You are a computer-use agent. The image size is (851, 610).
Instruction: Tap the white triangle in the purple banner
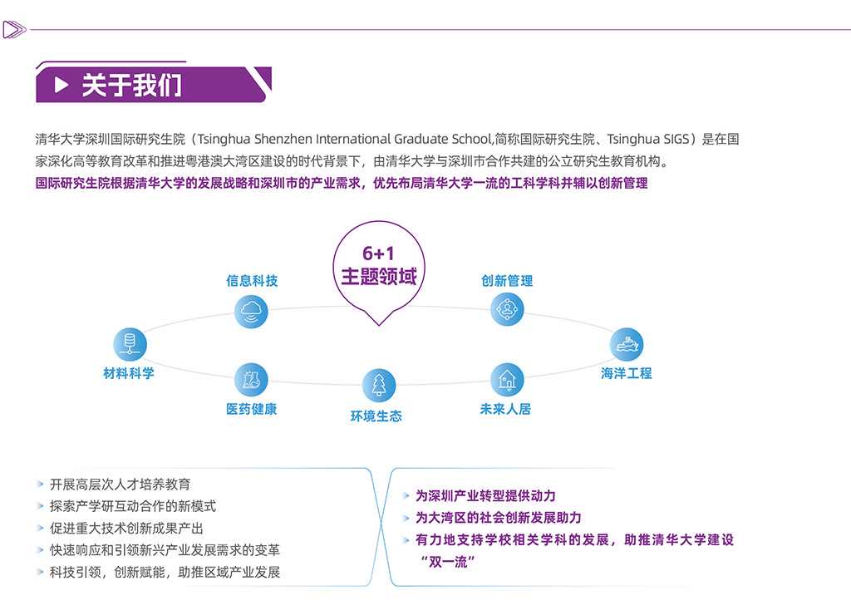(x=61, y=85)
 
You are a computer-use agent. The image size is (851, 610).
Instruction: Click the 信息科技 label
(x=252, y=281)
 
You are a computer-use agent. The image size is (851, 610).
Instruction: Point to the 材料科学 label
(x=129, y=373)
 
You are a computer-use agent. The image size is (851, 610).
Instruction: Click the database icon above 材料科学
(x=130, y=344)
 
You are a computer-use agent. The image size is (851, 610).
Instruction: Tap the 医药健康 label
(x=251, y=409)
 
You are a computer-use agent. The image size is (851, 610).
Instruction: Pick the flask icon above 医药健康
(x=251, y=380)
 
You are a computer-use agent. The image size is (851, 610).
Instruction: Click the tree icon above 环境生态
(x=379, y=386)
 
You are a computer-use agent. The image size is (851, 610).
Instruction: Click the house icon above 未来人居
(x=506, y=380)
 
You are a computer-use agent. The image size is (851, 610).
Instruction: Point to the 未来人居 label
(x=505, y=409)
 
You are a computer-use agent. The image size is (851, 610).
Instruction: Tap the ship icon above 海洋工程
(x=627, y=344)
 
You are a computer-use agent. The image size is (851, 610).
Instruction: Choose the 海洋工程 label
(x=627, y=373)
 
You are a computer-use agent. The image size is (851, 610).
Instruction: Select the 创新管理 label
(x=507, y=281)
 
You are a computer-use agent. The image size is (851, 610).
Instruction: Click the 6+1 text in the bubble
(x=378, y=253)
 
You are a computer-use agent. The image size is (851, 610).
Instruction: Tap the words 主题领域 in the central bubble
(x=378, y=277)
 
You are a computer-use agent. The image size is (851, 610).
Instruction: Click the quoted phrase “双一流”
(x=448, y=562)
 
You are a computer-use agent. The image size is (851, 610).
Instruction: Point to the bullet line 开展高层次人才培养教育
(x=120, y=484)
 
